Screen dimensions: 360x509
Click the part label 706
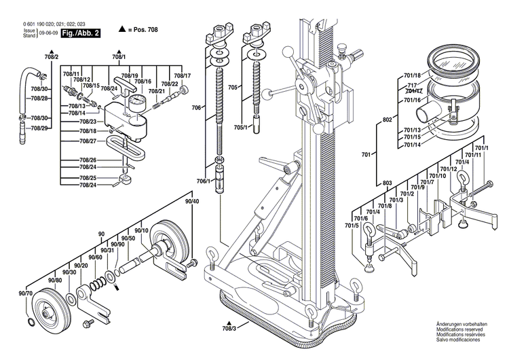[x=195, y=108]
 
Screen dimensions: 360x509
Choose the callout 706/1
[x=203, y=181]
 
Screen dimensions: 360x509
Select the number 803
[x=388, y=183]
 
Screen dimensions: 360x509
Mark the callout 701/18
[x=412, y=75]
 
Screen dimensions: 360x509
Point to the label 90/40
[x=192, y=202]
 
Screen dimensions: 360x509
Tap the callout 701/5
[x=351, y=226]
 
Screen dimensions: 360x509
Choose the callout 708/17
[x=182, y=75]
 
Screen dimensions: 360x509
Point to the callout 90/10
[x=141, y=232]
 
